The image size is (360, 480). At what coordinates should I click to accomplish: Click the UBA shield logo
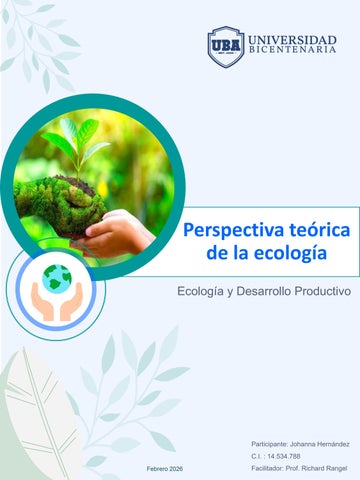pos(225,46)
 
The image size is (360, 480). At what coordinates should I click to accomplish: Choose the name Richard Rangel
pos(328,468)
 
